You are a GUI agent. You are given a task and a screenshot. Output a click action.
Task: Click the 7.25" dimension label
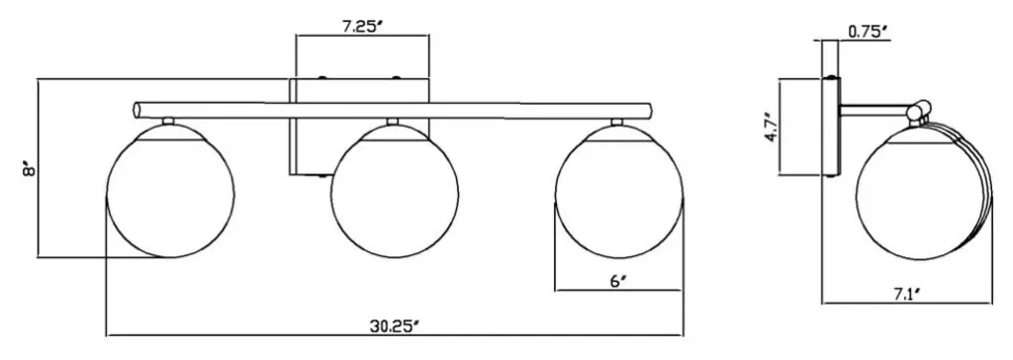[x=362, y=28]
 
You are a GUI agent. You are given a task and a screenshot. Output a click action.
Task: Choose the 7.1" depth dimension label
[x=907, y=294]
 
